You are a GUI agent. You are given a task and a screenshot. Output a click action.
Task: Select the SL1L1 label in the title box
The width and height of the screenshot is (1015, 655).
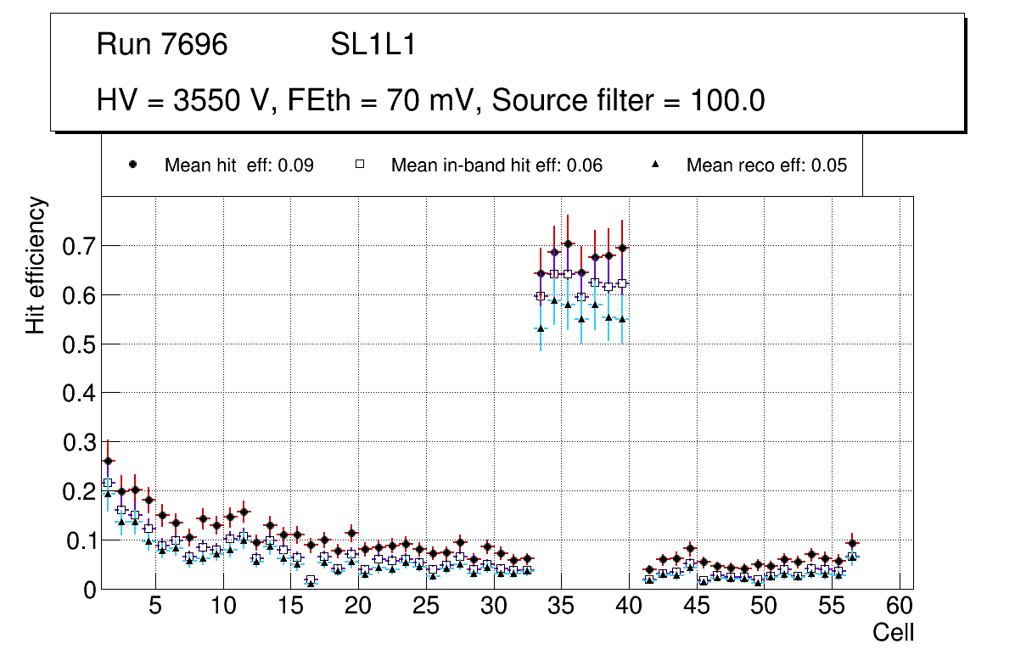click(x=373, y=45)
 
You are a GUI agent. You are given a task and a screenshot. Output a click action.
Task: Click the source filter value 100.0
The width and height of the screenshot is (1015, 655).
click(x=722, y=101)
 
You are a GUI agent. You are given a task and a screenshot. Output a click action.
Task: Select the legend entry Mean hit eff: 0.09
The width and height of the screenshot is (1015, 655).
click(x=238, y=165)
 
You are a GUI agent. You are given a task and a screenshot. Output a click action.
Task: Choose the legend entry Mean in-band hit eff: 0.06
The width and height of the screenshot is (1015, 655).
click(x=496, y=165)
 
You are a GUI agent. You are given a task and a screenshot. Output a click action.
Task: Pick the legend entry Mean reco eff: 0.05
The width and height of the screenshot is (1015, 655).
click(x=766, y=165)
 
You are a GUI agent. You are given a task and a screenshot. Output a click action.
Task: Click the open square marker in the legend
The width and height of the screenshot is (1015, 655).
click(x=359, y=165)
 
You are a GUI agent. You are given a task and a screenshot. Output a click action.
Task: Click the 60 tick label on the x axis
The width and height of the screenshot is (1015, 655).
click(x=900, y=607)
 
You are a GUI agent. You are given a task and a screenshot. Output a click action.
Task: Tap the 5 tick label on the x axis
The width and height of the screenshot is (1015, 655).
click(x=155, y=607)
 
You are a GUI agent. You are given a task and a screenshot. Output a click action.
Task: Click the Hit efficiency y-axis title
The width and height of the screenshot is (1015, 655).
click(x=36, y=265)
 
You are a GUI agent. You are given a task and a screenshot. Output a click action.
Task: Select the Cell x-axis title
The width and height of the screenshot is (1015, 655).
click(x=894, y=632)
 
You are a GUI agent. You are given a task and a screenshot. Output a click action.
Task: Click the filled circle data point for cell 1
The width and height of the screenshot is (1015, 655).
click(x=108, y=461)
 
